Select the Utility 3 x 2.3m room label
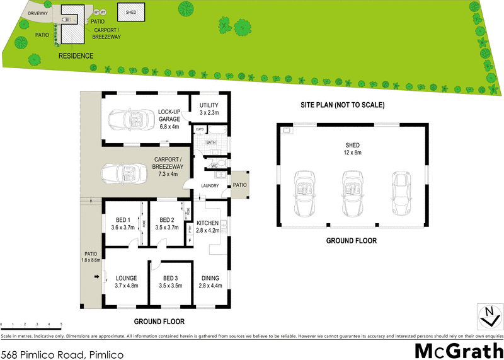[x=209, y=108]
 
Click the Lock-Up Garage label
[x=169, y=119]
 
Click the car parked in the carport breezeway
[x=124, y=171]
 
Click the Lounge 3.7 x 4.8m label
[x=126, y=281]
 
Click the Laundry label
[x=210, y=186]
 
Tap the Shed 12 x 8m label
[x=352, y=148]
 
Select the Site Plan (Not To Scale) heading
[x=343, y=105]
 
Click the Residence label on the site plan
[x=76, y=56]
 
